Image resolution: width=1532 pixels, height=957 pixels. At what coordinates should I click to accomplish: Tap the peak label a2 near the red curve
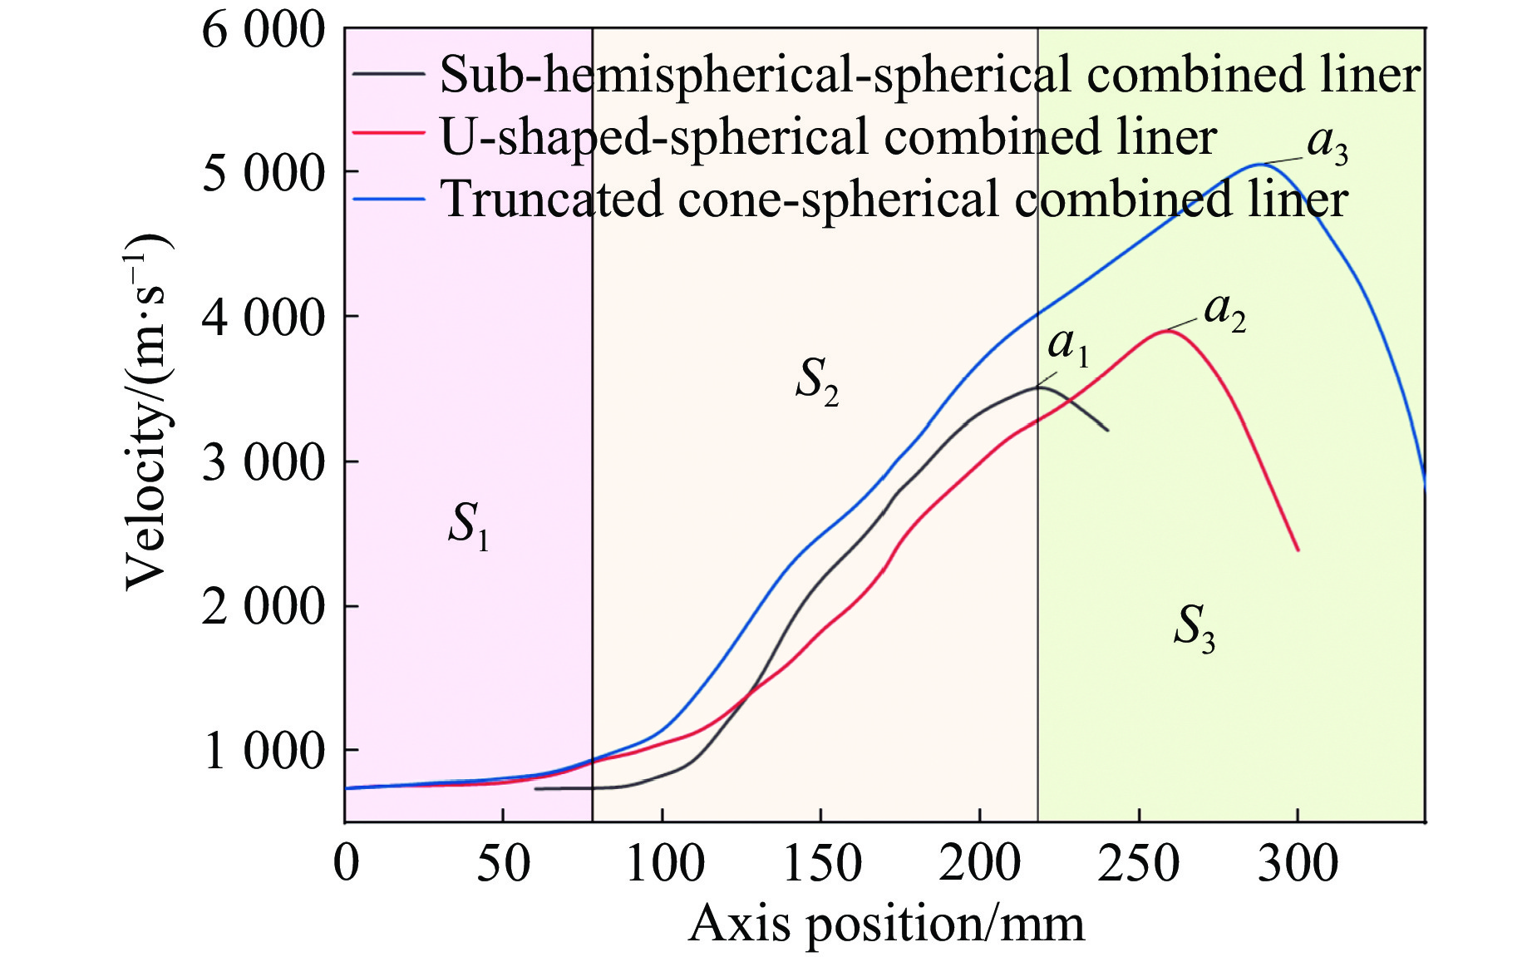1224,313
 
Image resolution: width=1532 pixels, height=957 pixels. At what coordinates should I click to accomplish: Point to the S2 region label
817,382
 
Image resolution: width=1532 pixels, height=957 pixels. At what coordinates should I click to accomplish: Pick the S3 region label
1194,629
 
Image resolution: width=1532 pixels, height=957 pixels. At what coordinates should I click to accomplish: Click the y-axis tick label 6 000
263,32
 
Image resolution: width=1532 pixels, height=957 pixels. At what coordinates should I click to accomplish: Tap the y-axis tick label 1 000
263,751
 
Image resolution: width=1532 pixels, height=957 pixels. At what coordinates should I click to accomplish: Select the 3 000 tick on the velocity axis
263,462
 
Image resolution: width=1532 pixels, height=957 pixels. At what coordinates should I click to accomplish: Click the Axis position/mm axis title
886,924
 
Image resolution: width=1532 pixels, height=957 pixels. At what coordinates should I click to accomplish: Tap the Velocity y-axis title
148,412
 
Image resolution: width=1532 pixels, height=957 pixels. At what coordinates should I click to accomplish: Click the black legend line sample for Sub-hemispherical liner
388,73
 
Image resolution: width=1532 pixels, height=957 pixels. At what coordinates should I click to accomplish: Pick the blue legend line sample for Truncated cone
388,199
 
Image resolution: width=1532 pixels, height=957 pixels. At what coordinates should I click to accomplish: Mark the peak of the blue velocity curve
1260,165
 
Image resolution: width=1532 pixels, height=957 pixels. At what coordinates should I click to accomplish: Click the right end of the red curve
1298,550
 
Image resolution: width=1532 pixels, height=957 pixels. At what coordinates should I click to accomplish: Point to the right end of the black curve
1107,430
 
